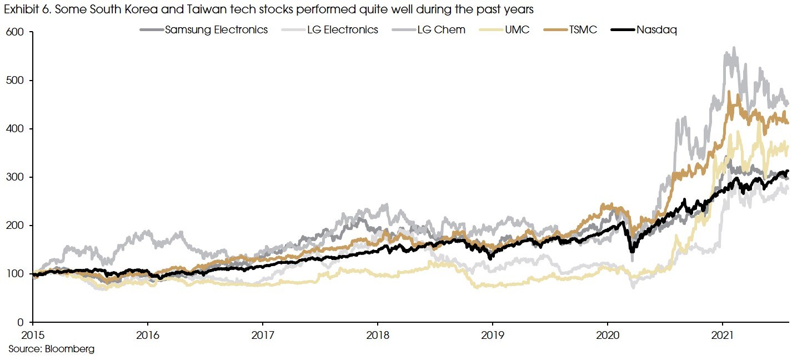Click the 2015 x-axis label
pyautogui.click(x=33, y=336)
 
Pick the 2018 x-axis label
pyautogui.click(x=377, y=336)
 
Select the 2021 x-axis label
pyautogui.click(x=722, y=336)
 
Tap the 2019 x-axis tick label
pyautogui.click(x=492, y=336)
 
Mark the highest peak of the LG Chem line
pyautogui.click(x=734, y=48)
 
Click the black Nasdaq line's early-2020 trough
pyautogui.click(x=632, y=251)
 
